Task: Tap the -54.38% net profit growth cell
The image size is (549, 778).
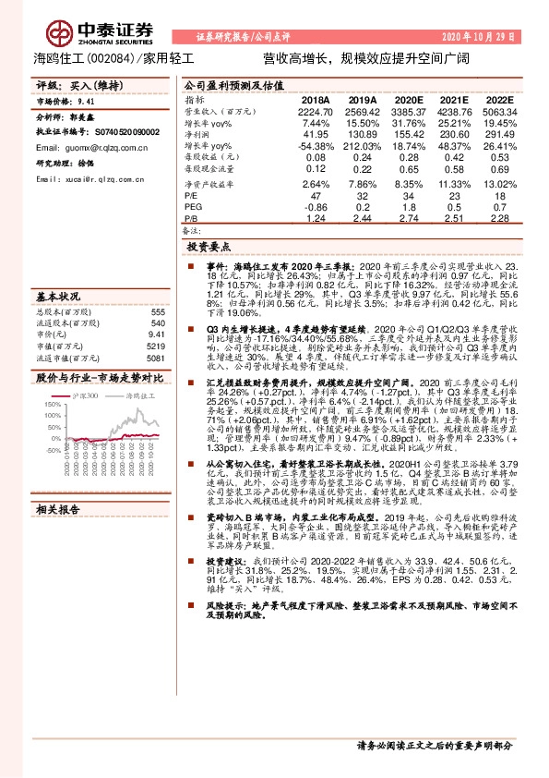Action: [x=311, y=146]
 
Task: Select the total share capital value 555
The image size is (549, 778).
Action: [x=158, y=312]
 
